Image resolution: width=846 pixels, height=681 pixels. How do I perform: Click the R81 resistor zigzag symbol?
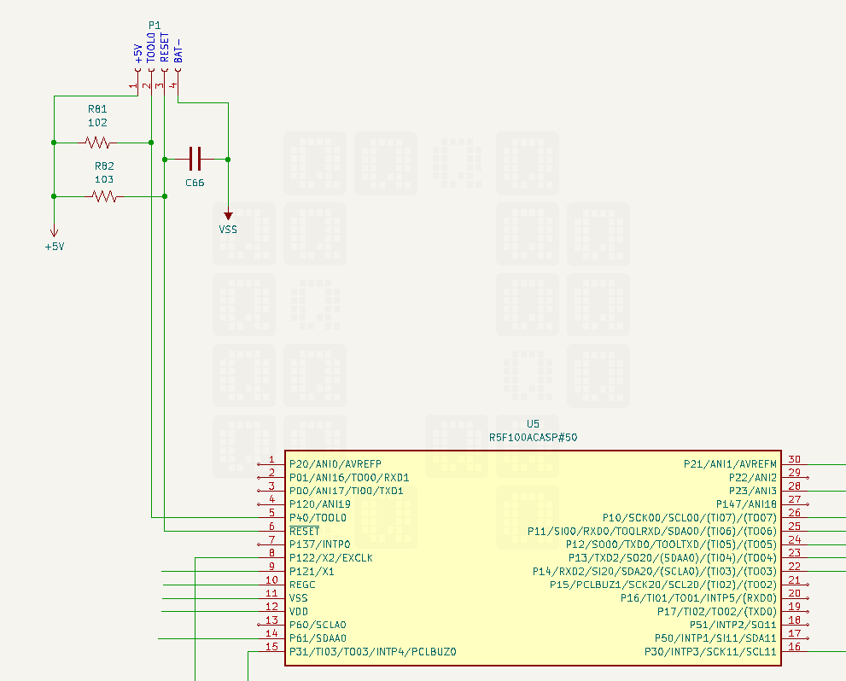tap(97, 143)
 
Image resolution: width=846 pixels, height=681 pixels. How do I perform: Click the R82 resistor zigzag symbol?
tap(104, 196)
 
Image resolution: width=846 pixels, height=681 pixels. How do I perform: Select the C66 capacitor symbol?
tap(195, 159)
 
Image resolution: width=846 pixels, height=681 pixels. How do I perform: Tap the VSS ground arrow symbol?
tap(228, 216)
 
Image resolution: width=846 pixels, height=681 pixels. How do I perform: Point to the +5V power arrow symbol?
tap(54, 232)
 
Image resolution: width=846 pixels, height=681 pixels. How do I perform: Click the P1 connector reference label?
tap(155, 26)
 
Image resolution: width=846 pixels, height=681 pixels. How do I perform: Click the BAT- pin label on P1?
tap(178, 50)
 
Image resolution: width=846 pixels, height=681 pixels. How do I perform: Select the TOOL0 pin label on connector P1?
tap(151, 48)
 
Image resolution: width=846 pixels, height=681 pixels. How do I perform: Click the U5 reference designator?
tap(533, 424)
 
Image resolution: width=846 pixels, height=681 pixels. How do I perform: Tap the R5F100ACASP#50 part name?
tap(533, 437)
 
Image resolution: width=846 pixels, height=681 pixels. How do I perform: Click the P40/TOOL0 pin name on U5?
tap(318, 518)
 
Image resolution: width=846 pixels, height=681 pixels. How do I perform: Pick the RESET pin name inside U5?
tap(304, 531)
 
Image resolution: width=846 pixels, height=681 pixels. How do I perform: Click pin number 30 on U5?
tap(794, 459)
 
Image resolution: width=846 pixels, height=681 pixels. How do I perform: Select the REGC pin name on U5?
tap(302, 585)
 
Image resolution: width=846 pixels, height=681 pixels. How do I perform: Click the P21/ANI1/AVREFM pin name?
tap(730, 463)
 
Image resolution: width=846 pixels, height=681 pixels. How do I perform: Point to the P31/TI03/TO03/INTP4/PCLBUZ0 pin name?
tap(373, 652)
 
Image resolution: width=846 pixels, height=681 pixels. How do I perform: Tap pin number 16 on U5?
tap(794, 647)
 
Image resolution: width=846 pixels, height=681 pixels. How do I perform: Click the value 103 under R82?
tap(104, 179)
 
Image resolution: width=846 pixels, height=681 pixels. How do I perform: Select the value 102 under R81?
tap(97, 122)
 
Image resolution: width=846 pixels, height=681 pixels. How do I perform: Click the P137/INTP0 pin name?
tap(319, 544)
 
